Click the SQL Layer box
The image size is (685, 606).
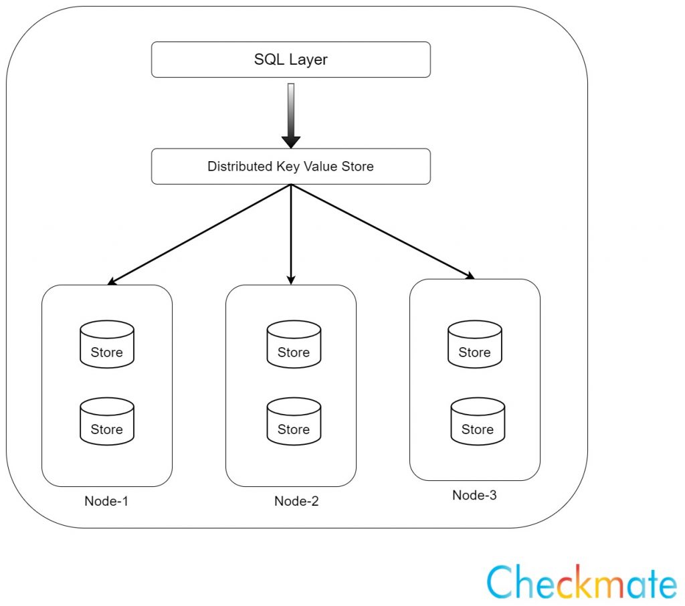(290, 60)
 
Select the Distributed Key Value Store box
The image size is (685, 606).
(290, 167)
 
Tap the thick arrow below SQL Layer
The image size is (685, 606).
(291, 117)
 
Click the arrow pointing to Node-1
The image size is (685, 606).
(201, 234)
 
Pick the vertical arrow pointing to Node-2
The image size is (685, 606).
(291, 234)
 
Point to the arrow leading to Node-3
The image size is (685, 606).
(381, 231)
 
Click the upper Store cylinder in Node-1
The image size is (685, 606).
(107, 344)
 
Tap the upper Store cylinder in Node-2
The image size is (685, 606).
(294, 344)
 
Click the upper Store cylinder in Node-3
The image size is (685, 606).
(474, 344)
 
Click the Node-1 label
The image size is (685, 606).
(106, 502)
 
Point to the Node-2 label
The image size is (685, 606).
(296, 502)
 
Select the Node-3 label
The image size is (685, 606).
(474, 496)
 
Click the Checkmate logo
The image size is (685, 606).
(581, 582)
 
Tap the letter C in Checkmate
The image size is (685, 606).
(502, 582)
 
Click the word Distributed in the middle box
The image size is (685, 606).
(240, 167)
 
